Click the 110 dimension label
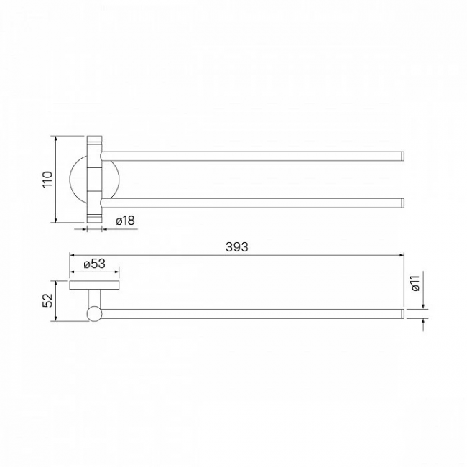click(x=47, y=179)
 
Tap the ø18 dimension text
click(x=125, y=221)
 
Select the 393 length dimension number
click(x=237, y=247)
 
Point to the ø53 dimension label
click(x=94, y=264)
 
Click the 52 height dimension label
click(x=47, y=300)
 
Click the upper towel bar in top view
click(x=253, y=157)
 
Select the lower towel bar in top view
click(x=253, y=203)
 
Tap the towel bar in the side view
click(x=253, y=314)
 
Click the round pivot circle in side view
click(x=94, y=314)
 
